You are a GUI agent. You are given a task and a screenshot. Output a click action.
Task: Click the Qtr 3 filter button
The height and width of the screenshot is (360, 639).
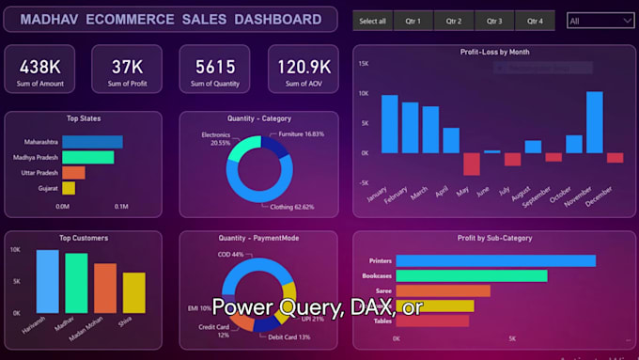pyautogui.click(x=494, y=21)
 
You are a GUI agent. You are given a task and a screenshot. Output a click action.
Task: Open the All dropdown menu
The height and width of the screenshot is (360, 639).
pyautogui.click(x=600, y=20)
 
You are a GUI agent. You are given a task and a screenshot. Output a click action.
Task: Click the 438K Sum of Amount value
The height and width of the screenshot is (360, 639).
pyautogui.click(x=40, y=66)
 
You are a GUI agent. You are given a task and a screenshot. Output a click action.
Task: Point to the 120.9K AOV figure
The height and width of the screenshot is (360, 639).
pyautogui.click(x=303, y=66)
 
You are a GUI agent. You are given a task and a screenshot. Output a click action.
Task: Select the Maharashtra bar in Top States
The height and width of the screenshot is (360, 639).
pyautogui.click(x=92, y=142)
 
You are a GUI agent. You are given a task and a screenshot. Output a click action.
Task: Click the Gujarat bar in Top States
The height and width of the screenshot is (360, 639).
pyautogui.click(x=69, y=188)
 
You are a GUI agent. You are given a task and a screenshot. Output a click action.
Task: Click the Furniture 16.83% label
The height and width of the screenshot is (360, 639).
pyautogui.click(x=300, y=134)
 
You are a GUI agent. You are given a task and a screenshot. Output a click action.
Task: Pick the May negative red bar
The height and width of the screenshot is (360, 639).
pyautogui.click(x=471, y=164)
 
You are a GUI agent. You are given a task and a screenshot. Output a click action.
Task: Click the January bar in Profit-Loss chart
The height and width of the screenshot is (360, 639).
pyautogui.click(x=389, y=124)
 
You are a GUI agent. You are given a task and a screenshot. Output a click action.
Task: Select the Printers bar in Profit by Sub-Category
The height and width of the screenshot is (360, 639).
pyautogui.click(x=495, y=260)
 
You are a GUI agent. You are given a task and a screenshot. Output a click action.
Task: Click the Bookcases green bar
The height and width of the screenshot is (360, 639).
pyautogui.click(x=471, y=275)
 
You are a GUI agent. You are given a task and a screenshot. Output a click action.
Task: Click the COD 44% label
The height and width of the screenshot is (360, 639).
pyautogui.click(x=231, y=255)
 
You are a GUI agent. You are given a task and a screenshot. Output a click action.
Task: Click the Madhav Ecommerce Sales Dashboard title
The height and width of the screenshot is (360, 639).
pyautogui.click(x=171, y=20)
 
